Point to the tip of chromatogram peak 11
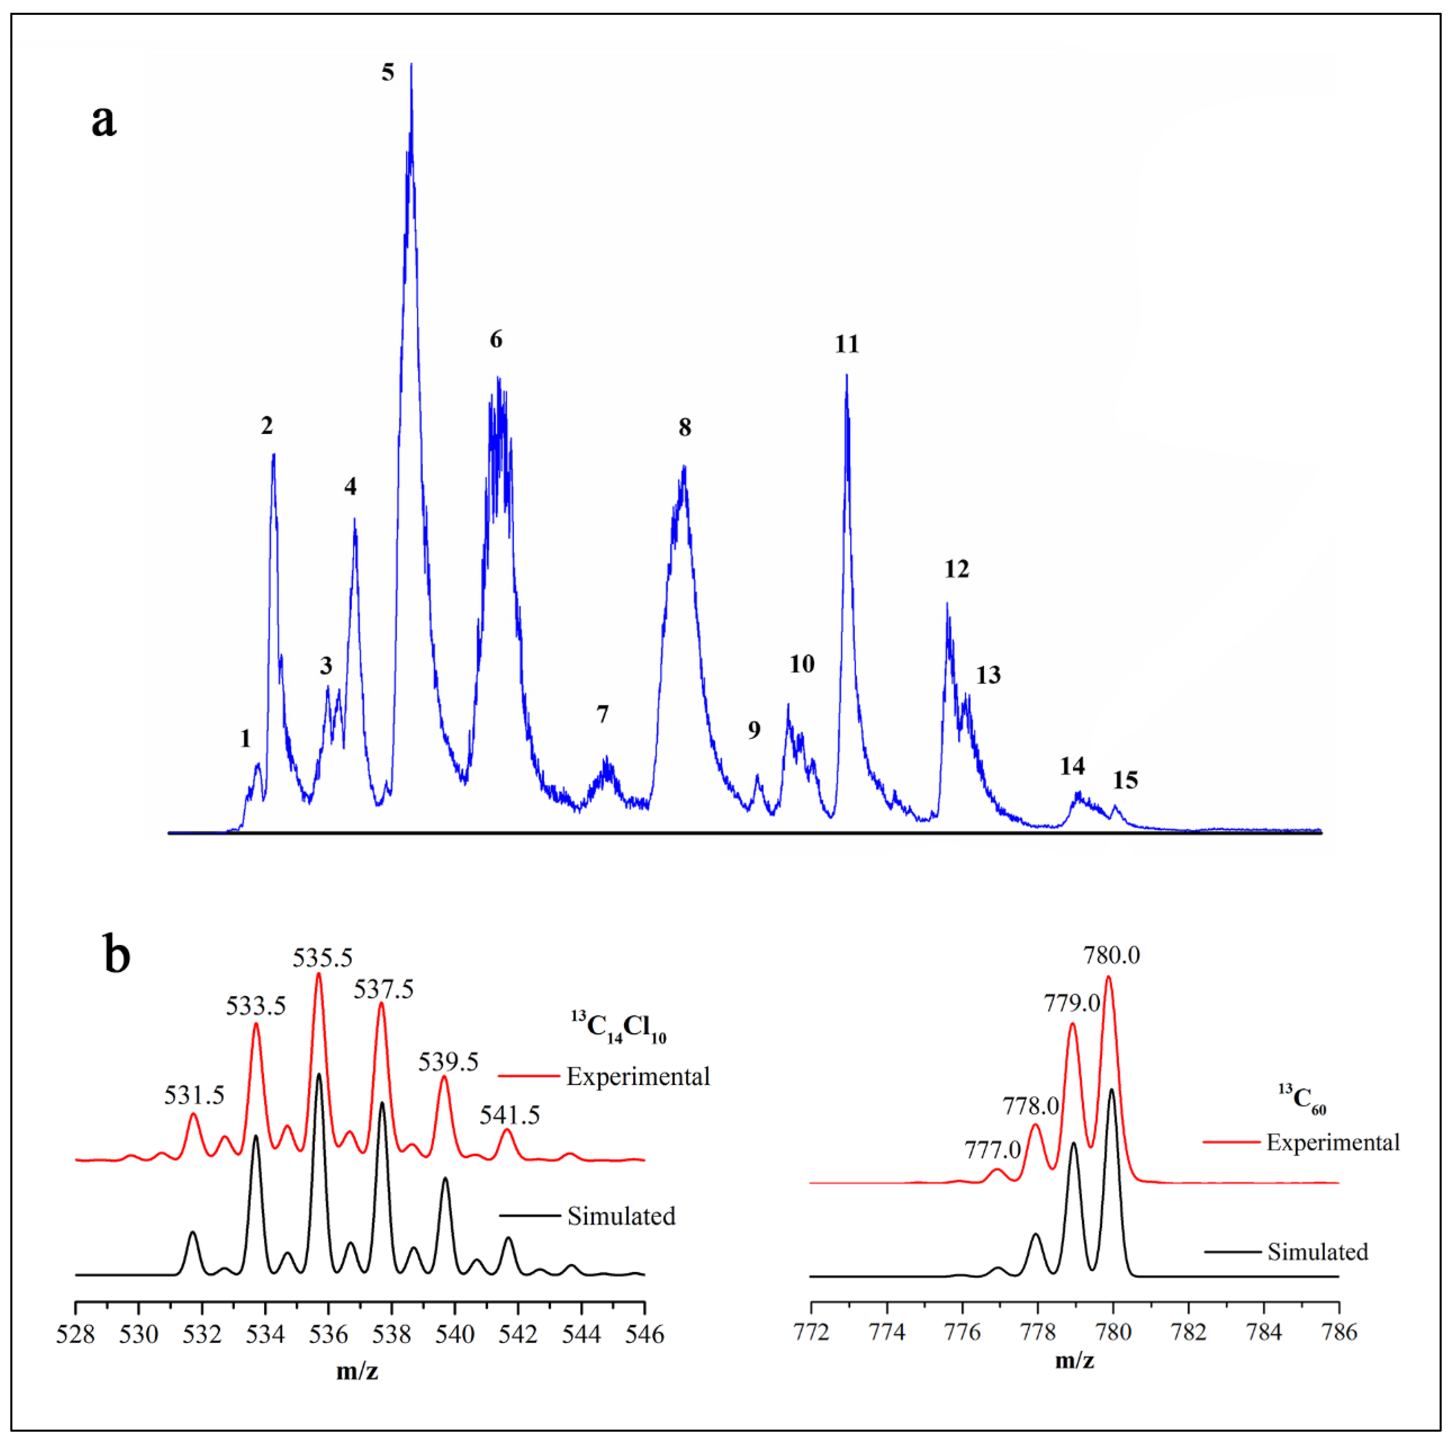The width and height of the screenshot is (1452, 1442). (846, 376)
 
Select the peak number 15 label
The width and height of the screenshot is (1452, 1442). (1125, 780)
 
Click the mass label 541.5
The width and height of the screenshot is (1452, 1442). (509, 1115)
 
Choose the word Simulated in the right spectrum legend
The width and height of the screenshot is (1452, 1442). (1318, 1252)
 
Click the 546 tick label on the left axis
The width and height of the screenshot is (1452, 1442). (644, 1334)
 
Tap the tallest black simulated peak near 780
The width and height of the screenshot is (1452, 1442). (1112, 1090)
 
